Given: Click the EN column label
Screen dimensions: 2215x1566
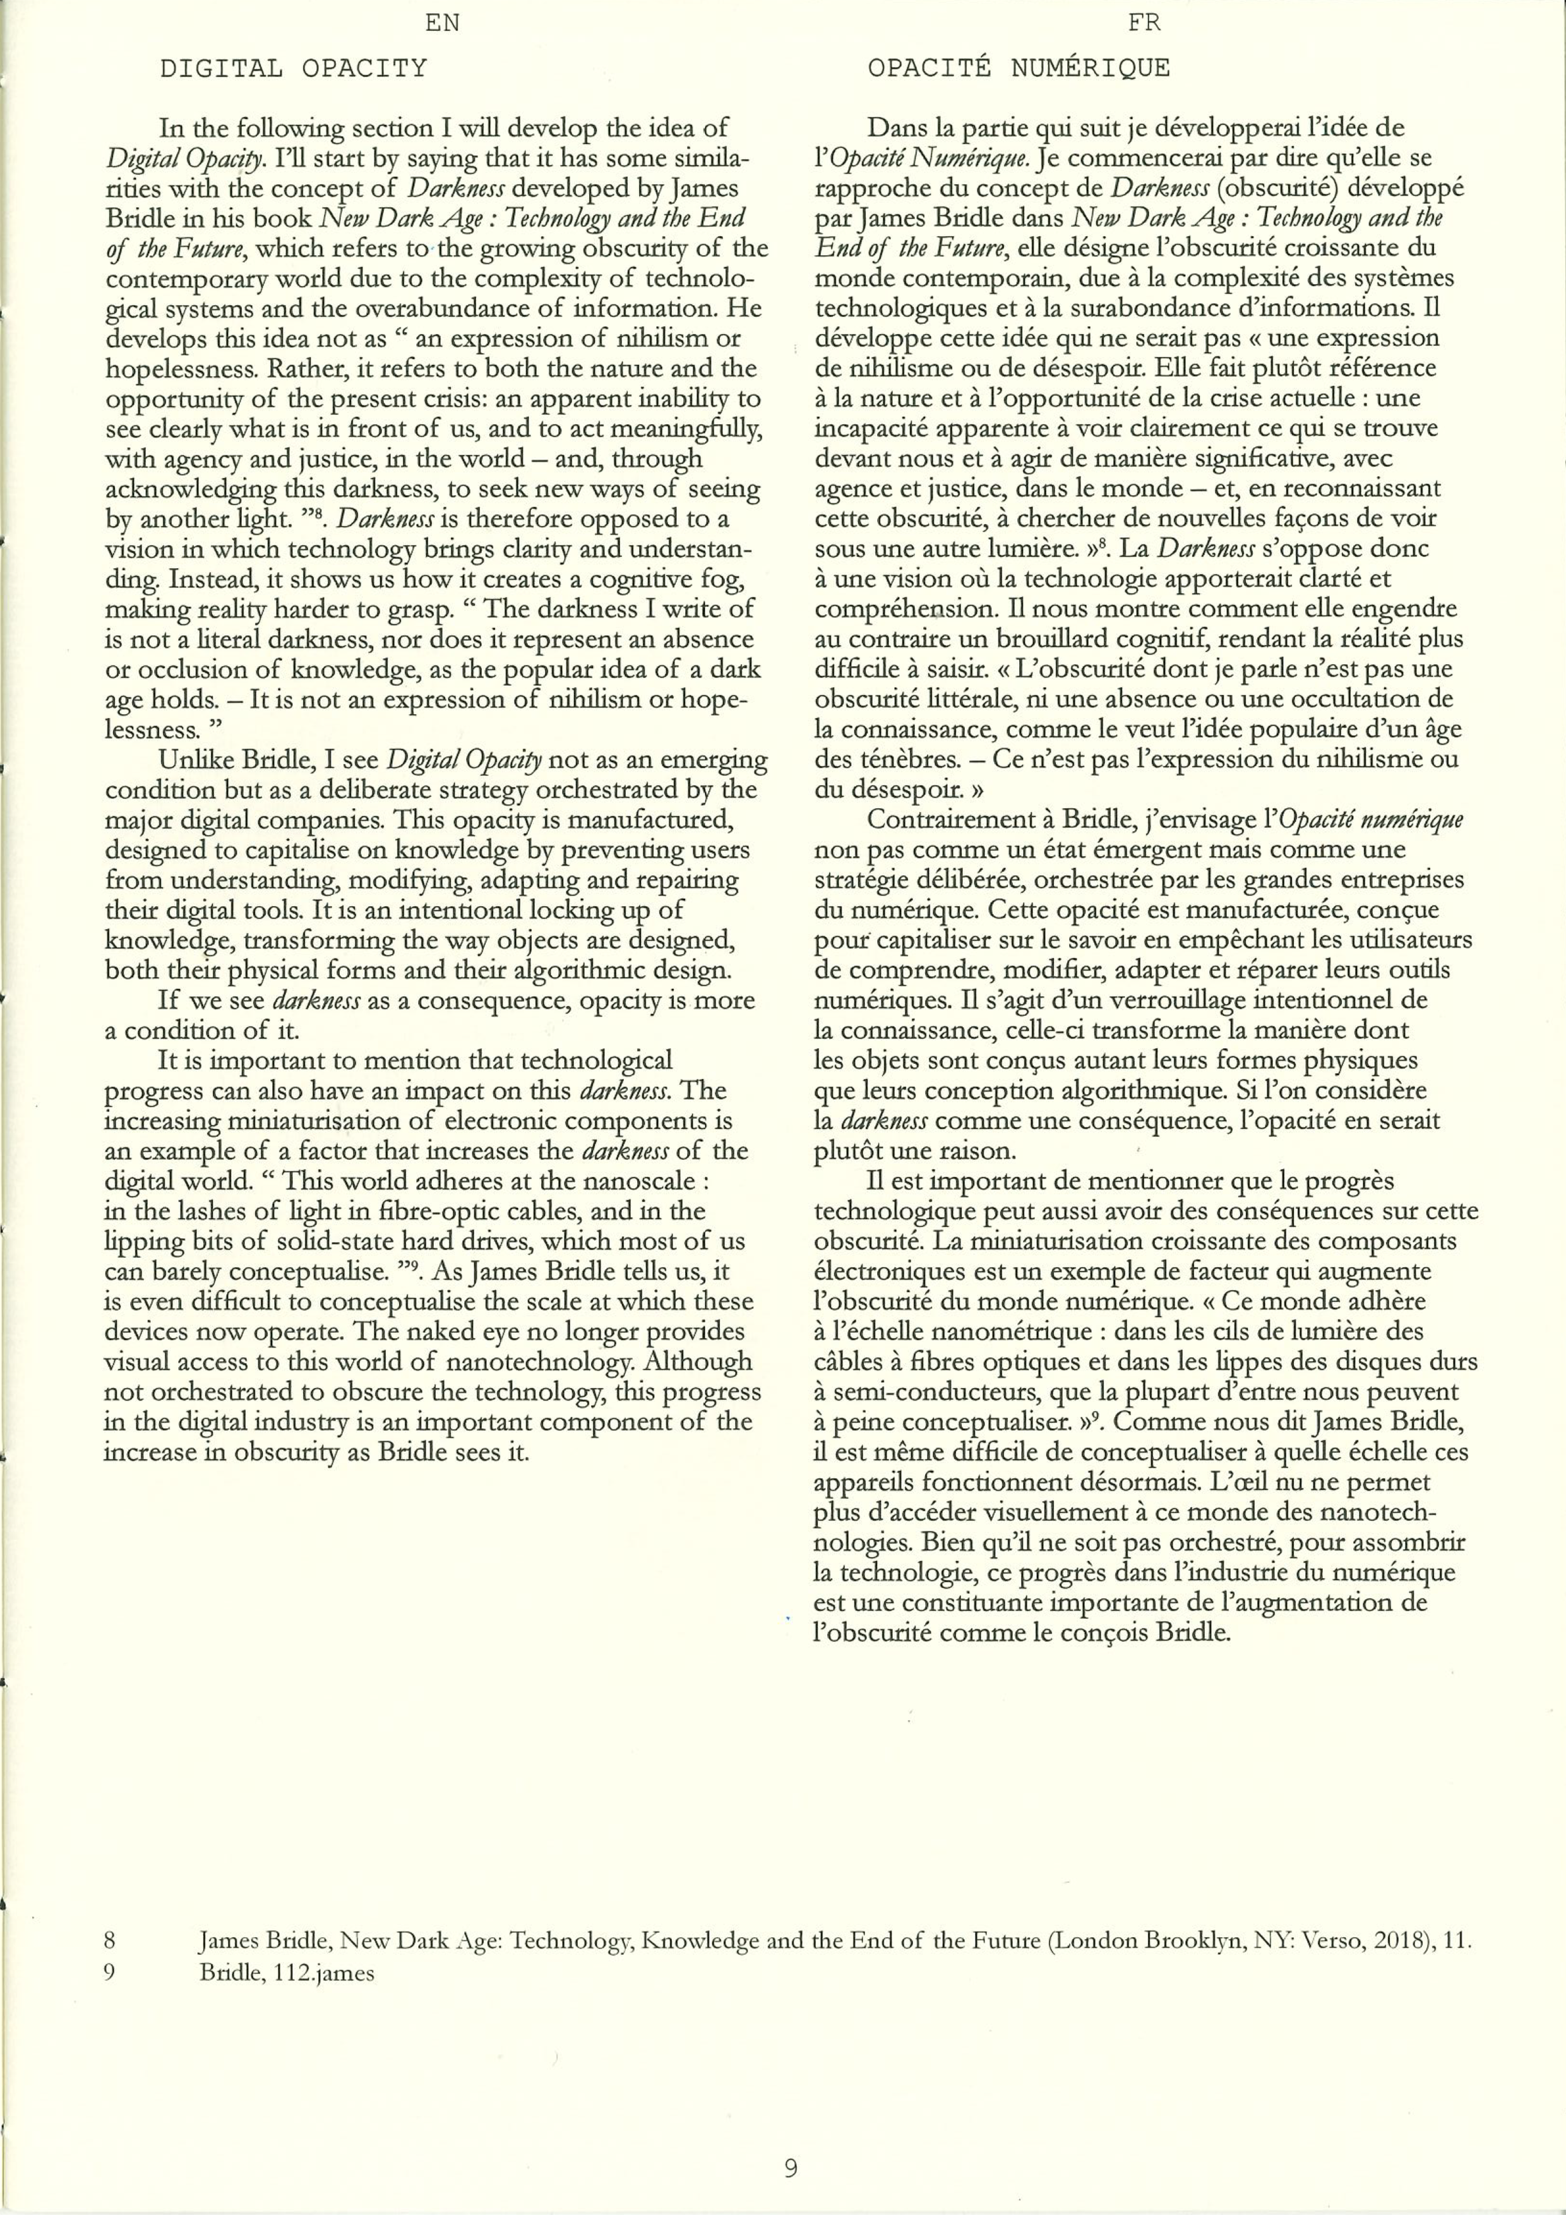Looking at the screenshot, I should [442, 23].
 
